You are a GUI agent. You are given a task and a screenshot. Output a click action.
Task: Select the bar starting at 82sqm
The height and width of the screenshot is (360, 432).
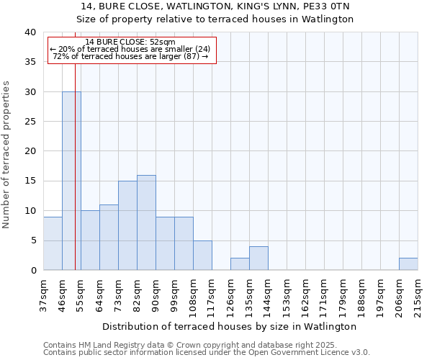click(x=146, y=222)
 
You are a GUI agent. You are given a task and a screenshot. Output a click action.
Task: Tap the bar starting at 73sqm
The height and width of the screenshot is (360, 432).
click(x=127, y=225)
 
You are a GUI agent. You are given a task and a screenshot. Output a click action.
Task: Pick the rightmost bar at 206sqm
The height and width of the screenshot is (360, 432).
click(x=408, y=264)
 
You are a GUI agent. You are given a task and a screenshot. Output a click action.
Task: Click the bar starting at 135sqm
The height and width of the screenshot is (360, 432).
click(x=258, y=258)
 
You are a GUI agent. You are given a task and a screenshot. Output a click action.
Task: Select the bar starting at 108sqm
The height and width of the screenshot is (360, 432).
click(x=202, y=256)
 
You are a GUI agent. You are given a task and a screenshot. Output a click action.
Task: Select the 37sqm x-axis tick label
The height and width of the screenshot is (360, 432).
click(x=43, y=293)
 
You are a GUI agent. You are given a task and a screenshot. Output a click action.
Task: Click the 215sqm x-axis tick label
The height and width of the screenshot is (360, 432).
click(x=418, y=295)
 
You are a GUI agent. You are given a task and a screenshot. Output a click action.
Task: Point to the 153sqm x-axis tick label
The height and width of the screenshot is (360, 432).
click(x=287, y=295)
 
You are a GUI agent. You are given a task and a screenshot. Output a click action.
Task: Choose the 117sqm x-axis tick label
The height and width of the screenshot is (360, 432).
click(x=212, y=295)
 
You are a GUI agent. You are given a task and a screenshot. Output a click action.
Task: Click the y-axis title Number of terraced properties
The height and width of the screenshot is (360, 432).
click(x=6, y=154)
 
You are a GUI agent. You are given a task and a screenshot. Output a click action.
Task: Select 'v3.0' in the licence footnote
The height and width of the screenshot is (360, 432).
click(x=359, y=353)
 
